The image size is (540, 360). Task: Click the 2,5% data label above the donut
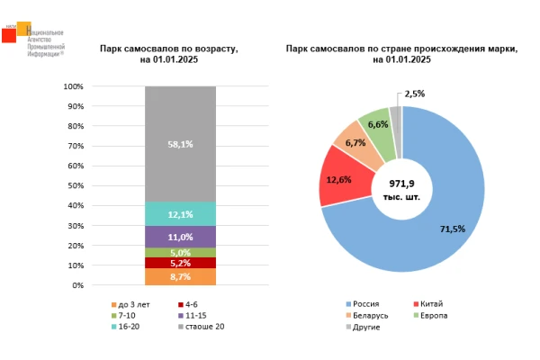(415, 94)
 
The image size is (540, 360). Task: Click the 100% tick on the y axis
(74, 86)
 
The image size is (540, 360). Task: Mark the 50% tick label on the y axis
(76, 186)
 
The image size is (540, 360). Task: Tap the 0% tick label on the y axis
(77, 285)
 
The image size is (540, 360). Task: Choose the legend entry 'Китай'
(431, 304)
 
